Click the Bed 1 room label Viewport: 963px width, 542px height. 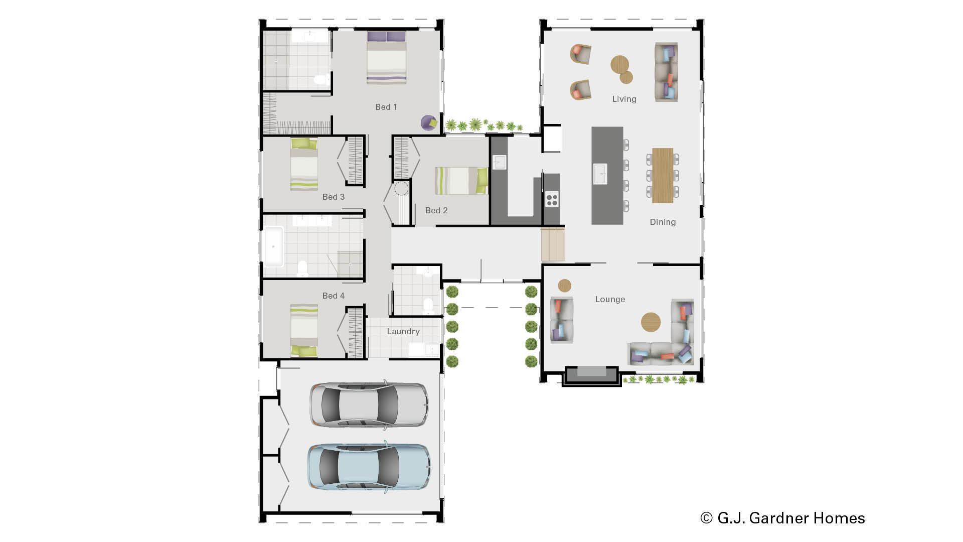click(386, 107)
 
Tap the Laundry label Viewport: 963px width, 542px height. click(403, 331)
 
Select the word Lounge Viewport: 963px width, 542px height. click(610, 299)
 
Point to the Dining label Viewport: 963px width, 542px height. click(663, 222)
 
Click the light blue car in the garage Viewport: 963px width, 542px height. click(368, 466)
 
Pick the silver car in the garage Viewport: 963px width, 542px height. click(369, 404)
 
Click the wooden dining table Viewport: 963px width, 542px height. click(662, 175)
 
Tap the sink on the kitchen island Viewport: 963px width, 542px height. click(600, 174)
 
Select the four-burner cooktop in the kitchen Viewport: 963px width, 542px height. click(552, 199)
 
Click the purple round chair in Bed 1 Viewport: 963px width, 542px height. click(429, 122)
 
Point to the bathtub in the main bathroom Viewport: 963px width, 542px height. click(273, 246)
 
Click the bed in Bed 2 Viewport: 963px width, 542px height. click(461, 181)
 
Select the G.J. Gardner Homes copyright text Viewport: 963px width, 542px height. click(782, 518)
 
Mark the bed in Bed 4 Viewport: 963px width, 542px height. click(304, 330)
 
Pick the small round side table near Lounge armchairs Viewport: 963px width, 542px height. click(565, 286)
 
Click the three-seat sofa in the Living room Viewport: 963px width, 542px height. click(666, 72)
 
